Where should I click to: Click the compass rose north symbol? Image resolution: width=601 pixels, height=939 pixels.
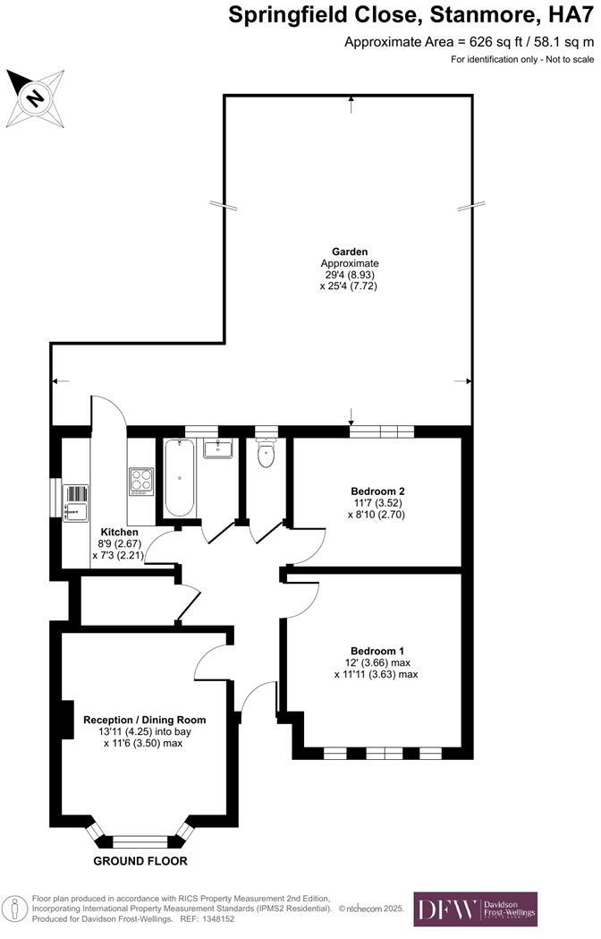point(35,96)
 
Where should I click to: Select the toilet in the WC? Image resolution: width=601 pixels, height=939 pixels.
point(267,457)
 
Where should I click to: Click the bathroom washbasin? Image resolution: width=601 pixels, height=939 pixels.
point(217,448)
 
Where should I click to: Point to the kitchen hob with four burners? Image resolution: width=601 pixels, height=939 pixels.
point(141,481)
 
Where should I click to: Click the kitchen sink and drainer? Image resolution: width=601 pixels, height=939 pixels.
point(77,502)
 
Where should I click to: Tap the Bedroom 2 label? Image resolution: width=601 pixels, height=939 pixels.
point(377,491)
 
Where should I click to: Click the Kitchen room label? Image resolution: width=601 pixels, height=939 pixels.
point(118,532)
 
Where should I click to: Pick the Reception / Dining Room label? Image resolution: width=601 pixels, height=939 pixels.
point(144,720)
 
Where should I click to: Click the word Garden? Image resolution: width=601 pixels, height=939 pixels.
point(350,252)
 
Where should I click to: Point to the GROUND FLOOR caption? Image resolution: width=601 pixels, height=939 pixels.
point(140,861)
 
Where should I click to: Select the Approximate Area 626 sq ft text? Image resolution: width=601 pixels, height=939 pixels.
point(469,41)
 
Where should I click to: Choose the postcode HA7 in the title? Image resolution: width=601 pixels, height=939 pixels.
point(571,14)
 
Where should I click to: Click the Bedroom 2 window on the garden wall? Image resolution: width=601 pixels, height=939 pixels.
point(382,431)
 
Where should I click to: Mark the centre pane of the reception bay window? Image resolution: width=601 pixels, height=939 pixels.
point(140,841)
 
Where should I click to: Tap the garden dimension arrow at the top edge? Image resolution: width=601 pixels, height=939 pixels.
point(351,104)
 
